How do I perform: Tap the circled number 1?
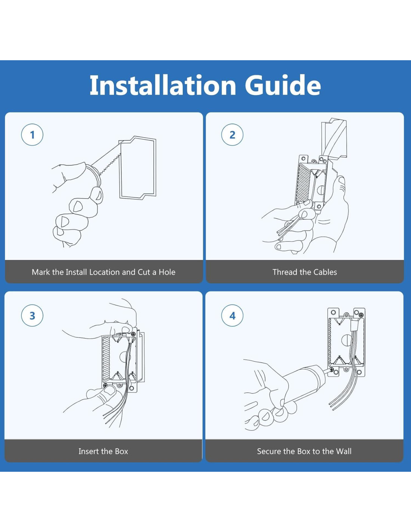pyautogui.click(x=32, y=135)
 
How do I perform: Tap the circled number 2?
pyautogui.click(x=232, y=135)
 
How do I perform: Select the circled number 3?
pyautogui.click(x=32, y=316)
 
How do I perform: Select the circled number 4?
pyautogui.click(x=232, y=316)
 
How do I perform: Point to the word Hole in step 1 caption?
pyautogui.click(x=167, y=272)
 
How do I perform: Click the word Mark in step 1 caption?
pyautogui.click(x=41, y=272)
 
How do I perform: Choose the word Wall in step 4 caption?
pyautogui.click(x=343, y=451)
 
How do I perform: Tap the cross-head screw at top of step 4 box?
pyautogui.click(x=361, y=315)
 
